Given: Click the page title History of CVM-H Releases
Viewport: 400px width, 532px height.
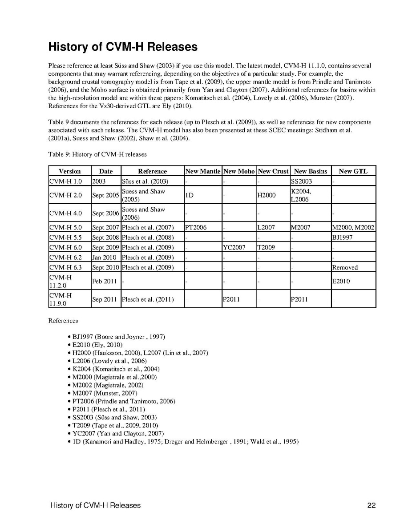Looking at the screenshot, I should pos(123,46).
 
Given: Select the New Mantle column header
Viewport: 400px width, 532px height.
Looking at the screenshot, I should pos(202,171).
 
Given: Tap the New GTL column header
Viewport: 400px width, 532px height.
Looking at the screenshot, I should pos(353,171).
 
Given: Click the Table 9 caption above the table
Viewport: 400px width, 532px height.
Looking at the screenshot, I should pos(97,154).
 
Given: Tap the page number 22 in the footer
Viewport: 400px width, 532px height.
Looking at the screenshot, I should pos(372,505).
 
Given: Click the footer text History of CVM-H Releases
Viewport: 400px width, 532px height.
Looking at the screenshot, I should pos(96,505).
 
